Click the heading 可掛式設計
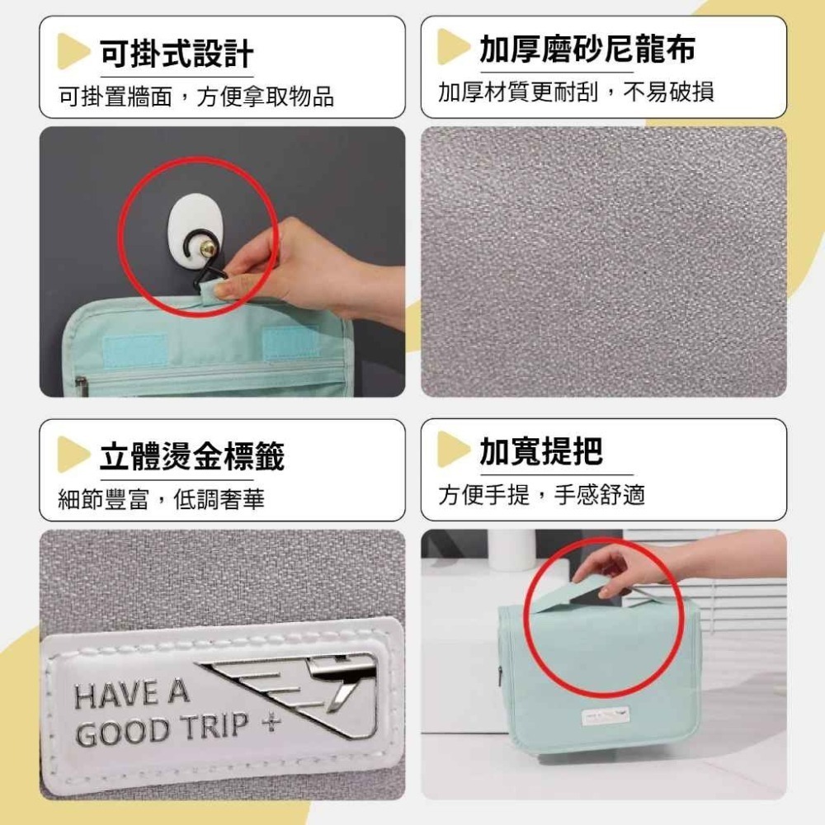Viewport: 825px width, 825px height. [177, 53]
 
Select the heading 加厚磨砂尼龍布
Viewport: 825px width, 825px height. [587, 49]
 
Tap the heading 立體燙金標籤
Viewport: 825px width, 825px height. [192, 456]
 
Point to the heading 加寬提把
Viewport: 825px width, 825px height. [541, 451]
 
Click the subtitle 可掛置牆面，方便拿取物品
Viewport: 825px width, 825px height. [196, 97]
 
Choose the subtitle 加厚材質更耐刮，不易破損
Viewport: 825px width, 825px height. [576, 92]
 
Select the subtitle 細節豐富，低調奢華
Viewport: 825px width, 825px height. [161, 499]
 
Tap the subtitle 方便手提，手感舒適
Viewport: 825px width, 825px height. [541, 494]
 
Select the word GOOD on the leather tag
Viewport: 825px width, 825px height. [118, 733]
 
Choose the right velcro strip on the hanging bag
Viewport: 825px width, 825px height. [291, 343]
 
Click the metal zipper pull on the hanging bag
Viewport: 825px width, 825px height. [81, 387]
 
